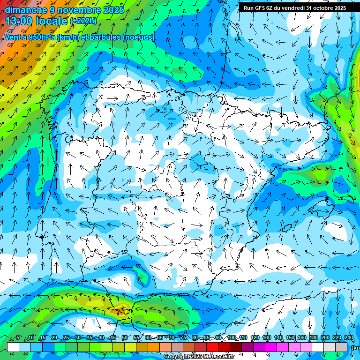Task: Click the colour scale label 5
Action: tap(18, 338)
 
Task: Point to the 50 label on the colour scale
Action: tap(124, 338)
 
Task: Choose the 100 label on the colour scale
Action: tap(232, 338)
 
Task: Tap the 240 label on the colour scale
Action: tap(349, 338)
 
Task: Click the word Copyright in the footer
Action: tap(177, 357)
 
